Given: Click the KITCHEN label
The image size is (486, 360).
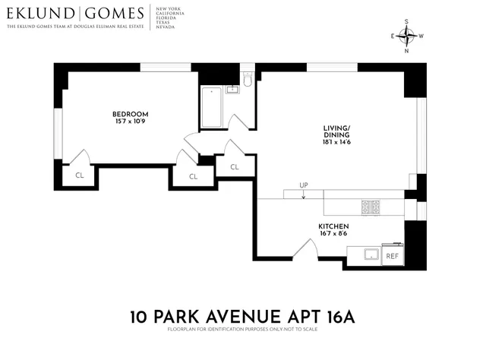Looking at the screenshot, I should click(333, 226).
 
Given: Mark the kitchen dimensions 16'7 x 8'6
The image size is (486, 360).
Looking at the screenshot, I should click(333, 235).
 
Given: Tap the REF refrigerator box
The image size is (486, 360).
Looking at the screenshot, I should click(392, 256).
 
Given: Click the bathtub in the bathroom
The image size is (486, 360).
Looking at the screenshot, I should click(210, 107).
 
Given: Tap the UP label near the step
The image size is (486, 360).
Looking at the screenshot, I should click(304, 185).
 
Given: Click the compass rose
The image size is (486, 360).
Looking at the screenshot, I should click(409, 36).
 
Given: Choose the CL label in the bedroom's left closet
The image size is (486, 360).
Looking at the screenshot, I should click(80, 175).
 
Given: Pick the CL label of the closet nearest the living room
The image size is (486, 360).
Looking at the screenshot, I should click(234, 167).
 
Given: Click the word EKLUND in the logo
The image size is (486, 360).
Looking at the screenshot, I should click(39, 14).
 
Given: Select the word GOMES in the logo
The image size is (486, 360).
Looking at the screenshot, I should click(114, 14).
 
